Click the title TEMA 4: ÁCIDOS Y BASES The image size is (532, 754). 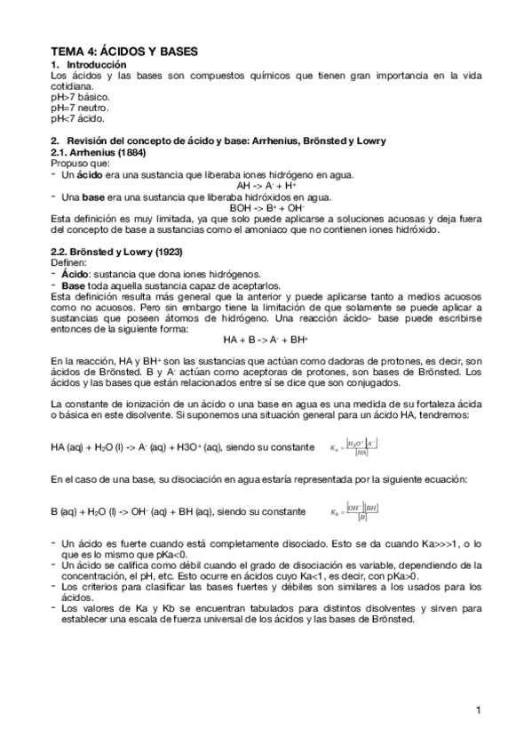tap(123, 53)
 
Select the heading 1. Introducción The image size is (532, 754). tap(91, 66)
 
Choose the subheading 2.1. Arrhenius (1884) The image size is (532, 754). tap(96, 153)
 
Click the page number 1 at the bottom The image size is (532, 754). tap(478, 710)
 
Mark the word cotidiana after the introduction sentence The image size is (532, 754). tap(72, 86)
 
